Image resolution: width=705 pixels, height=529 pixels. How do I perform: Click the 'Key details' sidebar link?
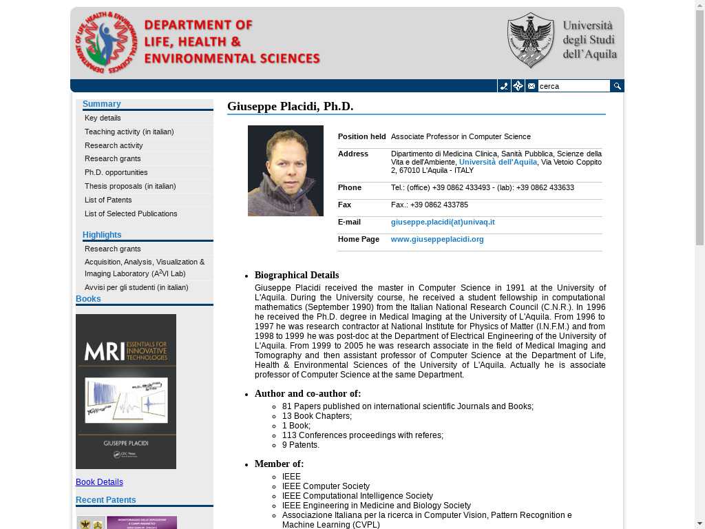[x=103, y=118]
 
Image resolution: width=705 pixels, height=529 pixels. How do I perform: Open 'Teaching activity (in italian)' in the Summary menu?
[x=129, y=132]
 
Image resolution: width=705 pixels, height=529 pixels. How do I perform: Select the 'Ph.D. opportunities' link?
[x=116, y=172]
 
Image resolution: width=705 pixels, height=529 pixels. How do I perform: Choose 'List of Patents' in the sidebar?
[x=108, y=200]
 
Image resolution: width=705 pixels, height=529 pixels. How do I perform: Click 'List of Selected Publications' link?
[x=131, y=214]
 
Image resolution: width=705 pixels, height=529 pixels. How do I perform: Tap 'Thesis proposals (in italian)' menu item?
[x=130, y=186]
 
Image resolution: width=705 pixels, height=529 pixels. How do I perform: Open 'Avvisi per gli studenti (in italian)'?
[x=136, y=287]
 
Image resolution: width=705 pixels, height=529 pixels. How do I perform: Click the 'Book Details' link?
[x=99, y=482]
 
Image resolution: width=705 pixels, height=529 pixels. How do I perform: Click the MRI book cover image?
[x=126, y=391]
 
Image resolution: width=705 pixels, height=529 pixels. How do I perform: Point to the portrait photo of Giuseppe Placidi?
[x=286, y=171]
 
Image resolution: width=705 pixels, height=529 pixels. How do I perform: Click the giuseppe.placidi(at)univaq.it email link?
[x=443, y=222]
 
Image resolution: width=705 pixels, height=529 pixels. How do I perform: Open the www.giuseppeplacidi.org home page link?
[x=437, y=239]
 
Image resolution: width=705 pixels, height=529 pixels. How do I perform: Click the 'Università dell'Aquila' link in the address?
[x=498, y=162]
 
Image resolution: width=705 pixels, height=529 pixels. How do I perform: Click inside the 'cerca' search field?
[x=574, y=86]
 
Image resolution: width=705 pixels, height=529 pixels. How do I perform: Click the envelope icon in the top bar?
[x=532, y=86]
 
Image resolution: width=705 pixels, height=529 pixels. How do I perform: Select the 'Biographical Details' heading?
[x=297, y=275]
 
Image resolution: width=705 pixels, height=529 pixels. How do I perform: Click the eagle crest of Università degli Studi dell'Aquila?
[x=530, y=40]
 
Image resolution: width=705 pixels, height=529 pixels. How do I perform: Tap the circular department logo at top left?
[x=106, y=43]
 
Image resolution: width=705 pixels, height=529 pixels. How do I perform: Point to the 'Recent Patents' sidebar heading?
[x=106, y=500]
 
